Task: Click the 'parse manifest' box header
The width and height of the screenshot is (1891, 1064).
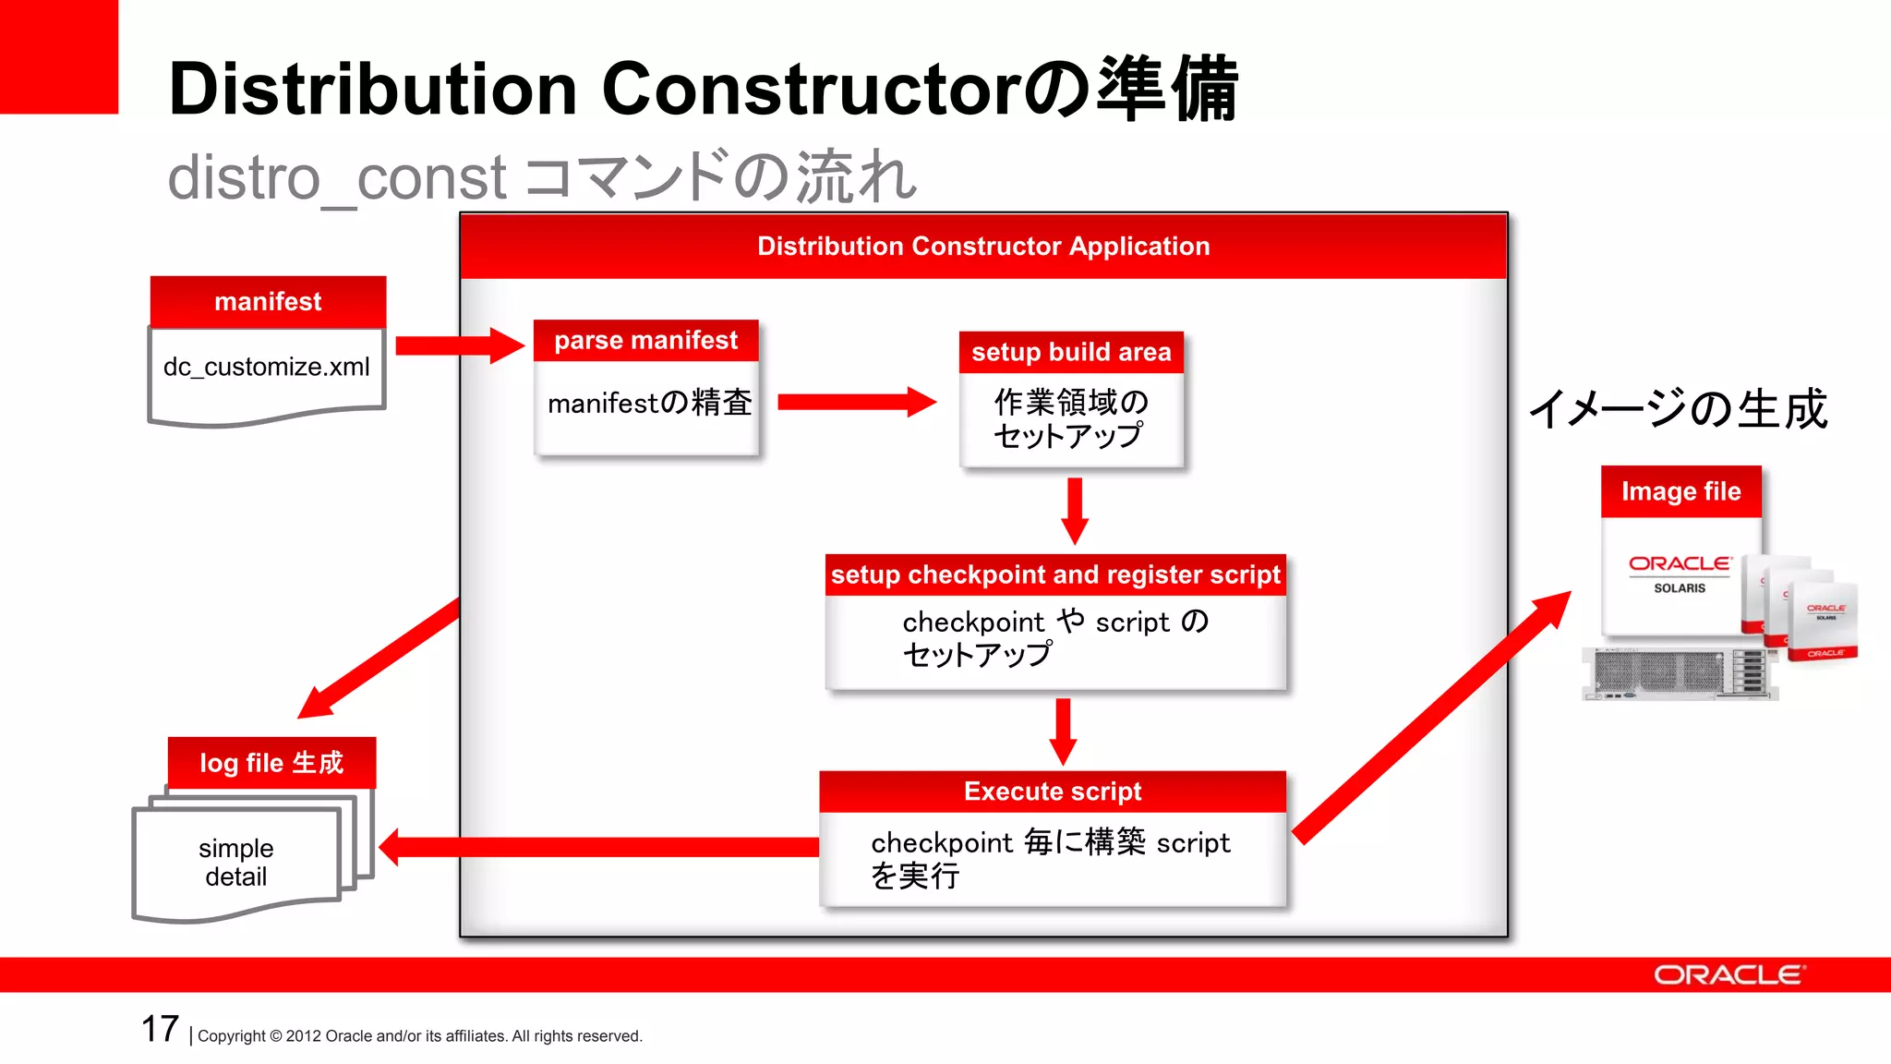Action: click(645, 341)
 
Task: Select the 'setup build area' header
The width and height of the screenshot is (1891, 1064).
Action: click(1071, 353)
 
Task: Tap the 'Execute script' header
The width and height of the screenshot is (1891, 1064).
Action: click(1053, 792)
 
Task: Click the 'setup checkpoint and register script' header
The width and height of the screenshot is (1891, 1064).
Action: click(1055, 575)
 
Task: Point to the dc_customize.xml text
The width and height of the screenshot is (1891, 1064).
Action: click(266, 367)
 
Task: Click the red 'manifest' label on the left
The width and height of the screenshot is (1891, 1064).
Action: click(268, 302)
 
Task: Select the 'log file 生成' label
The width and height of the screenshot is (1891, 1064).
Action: click(271, 763)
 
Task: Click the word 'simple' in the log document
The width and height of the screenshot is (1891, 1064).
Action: click(236, 848)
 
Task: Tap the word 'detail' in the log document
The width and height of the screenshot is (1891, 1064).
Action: click(236, 877)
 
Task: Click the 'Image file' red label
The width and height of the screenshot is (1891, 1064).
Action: click(1680, 491)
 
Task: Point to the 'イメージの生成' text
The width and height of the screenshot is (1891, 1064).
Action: click(1678, 409)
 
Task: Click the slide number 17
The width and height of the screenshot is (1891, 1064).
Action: click(160, 1029)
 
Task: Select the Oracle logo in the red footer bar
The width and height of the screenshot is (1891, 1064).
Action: click(1728, 975)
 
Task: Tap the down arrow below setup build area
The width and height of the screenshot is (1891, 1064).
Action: click(1075, 510)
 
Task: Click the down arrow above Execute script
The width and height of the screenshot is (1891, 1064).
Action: click(1064, 731)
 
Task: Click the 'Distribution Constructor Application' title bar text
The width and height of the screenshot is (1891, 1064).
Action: click(983, 247)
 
